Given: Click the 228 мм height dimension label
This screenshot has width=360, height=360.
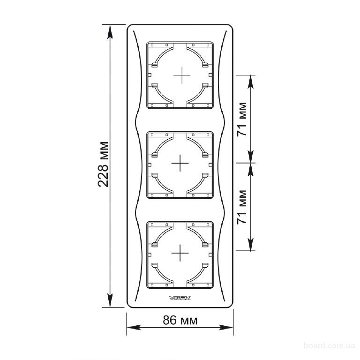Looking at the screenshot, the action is (103, 164).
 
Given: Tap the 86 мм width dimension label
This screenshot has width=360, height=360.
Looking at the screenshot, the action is (180, 320).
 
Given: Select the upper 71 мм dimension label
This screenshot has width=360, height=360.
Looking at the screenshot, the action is (242, 119).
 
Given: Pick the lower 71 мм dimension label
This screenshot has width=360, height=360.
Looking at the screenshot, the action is (242, 207).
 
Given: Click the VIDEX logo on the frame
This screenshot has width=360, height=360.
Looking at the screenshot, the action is (180, 298).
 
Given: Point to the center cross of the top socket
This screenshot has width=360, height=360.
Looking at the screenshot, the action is (182, 75).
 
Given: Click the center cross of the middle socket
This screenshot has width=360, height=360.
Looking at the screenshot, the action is (180, 163).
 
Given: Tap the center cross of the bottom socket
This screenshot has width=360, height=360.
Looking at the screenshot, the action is (180, 253).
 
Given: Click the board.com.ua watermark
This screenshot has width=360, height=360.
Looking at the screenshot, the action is (330, 345).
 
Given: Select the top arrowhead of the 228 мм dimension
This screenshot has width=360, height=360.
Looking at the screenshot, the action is (111, 32).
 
